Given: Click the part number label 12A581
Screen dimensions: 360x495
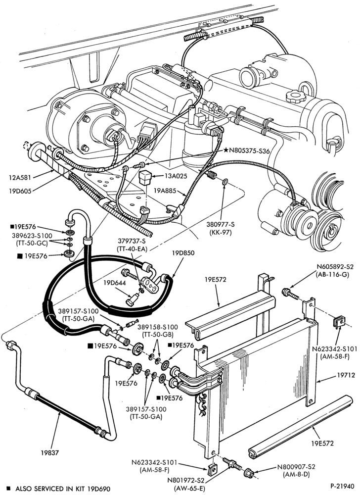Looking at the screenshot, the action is [x=20, y=177].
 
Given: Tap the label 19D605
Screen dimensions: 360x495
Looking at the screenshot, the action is [x=20, y=191].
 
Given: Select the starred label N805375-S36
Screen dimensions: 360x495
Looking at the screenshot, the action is [x=247, y=151].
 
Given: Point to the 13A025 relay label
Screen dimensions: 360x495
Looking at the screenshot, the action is [x=175, y=176].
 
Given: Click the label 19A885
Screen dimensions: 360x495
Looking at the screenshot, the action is [x=165, y=191].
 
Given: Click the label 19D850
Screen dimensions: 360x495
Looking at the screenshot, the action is [x=183, y=253].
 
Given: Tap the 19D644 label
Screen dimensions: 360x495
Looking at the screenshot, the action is [x=114, y=283].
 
